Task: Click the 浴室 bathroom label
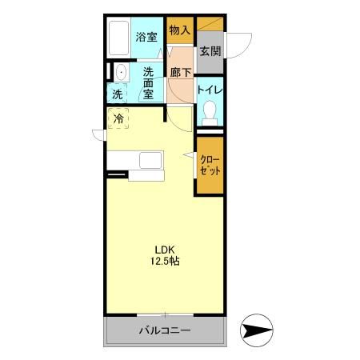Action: tap(146, 37)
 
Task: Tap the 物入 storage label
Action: tap(179, 30)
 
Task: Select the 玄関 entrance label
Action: tap(210, 51)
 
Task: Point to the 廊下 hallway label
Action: tap(181, 73)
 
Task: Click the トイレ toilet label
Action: tap(210, 90)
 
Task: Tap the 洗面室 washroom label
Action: tap(148, 82)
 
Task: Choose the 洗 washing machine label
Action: tap(118, 94)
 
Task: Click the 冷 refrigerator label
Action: tap(118, 120)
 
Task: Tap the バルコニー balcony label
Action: tap(165, 330)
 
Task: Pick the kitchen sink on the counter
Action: tap(151, 160)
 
